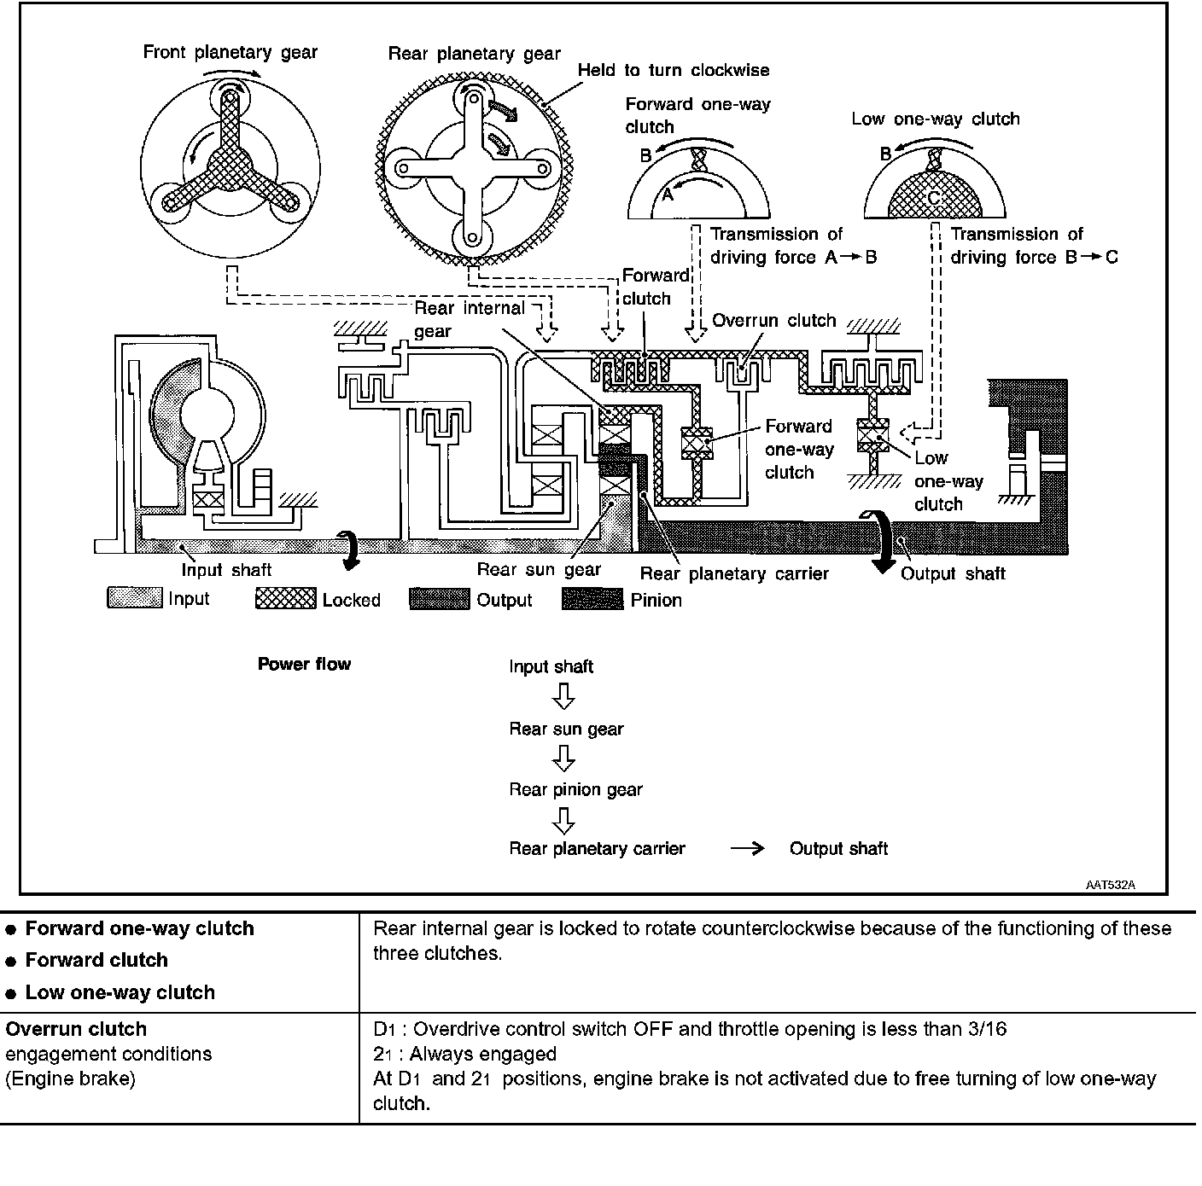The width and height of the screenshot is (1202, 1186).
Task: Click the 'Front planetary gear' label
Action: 230,53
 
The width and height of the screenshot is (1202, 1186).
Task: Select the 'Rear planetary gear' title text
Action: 474,55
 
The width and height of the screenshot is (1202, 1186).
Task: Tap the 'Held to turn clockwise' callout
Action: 674,71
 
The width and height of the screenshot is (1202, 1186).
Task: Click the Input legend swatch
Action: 134,598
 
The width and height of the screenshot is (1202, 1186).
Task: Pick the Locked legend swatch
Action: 285,599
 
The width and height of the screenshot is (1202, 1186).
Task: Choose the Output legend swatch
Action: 439,599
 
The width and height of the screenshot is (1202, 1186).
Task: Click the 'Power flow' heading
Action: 304,664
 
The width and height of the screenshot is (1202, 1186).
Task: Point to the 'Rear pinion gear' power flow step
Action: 575,789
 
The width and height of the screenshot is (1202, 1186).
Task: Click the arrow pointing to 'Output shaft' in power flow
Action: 747,849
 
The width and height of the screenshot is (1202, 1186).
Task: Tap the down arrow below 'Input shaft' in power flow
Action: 563,698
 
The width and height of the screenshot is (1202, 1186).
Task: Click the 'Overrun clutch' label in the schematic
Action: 773,321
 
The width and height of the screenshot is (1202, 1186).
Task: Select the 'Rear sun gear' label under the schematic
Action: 539,569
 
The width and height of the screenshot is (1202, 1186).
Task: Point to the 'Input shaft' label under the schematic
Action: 226,570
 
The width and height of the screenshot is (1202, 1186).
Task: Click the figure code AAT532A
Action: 1110,885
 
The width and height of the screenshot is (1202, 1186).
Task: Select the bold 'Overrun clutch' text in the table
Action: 76,1028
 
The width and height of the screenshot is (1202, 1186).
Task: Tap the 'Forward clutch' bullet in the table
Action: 96,960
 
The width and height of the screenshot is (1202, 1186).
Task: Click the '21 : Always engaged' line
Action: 464,1054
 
